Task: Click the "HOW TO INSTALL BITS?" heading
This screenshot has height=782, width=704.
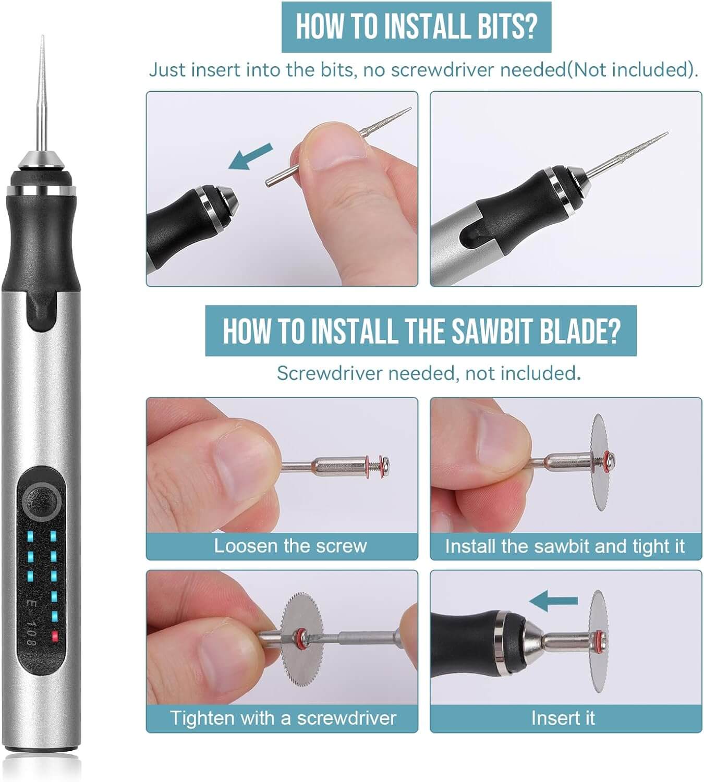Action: pyautogui.click(x=416, y=27)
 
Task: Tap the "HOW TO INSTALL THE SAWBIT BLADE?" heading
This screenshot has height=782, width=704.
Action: pyautogui.click(x=421, y=331)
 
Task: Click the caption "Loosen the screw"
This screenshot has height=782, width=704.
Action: pyautogui.click(x=290, y=546)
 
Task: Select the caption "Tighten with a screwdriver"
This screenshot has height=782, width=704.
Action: pyautogui.click(x=283, y=718)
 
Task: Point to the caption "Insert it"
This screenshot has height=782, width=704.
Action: pyautogui.click(x=563, y=718)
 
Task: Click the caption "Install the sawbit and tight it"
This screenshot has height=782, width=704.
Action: pyautogui.click(x=565, y=546)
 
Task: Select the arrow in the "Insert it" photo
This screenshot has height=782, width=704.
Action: pyautogui.click(x=554, y=601)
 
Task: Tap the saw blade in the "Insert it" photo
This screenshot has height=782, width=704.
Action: pyautogui.click(x=599, y=641)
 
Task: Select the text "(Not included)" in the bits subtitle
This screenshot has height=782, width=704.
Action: pyautogui.click(x=632, y=69)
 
